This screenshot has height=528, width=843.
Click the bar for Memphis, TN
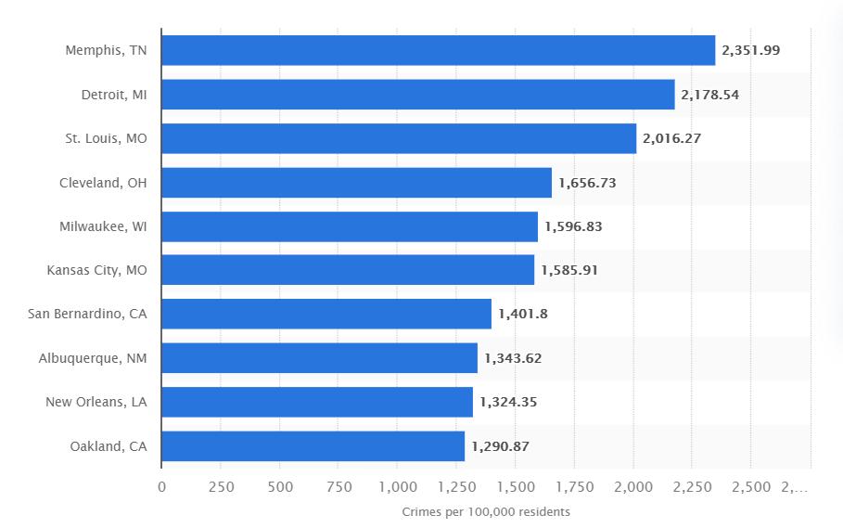(438, 50)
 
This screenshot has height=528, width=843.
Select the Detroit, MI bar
(417, 95)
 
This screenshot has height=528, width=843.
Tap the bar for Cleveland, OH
(356, 183)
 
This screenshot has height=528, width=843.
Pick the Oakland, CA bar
(313, 446)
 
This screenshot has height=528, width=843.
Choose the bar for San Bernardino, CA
(326, 315)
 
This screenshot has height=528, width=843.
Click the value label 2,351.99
(751, 50)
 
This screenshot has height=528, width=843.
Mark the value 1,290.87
(500, 446)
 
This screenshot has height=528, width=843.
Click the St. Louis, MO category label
(106, 138)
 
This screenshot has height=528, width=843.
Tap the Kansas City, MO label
(96, 270)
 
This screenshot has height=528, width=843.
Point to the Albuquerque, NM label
(93, 358)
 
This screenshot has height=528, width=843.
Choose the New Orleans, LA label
(96, 402)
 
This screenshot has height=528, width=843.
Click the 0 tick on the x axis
(161, 487)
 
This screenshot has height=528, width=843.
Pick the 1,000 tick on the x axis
(397, 487)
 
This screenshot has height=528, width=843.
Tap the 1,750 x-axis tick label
(574, 487)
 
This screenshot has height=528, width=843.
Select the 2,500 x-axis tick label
(751, 487)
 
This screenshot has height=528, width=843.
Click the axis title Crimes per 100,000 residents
(486, 512)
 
